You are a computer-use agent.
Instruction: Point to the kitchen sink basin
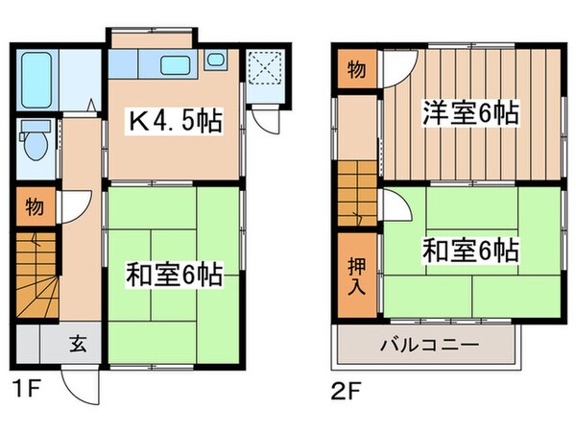(175, 66)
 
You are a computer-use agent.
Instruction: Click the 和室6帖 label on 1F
(175, 276)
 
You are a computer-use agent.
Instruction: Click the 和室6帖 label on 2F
(470, 251)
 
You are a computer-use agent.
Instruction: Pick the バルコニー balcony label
(427, 345)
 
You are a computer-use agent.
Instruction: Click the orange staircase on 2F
(356, 196)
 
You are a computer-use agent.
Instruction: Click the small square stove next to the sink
(214, 61)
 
